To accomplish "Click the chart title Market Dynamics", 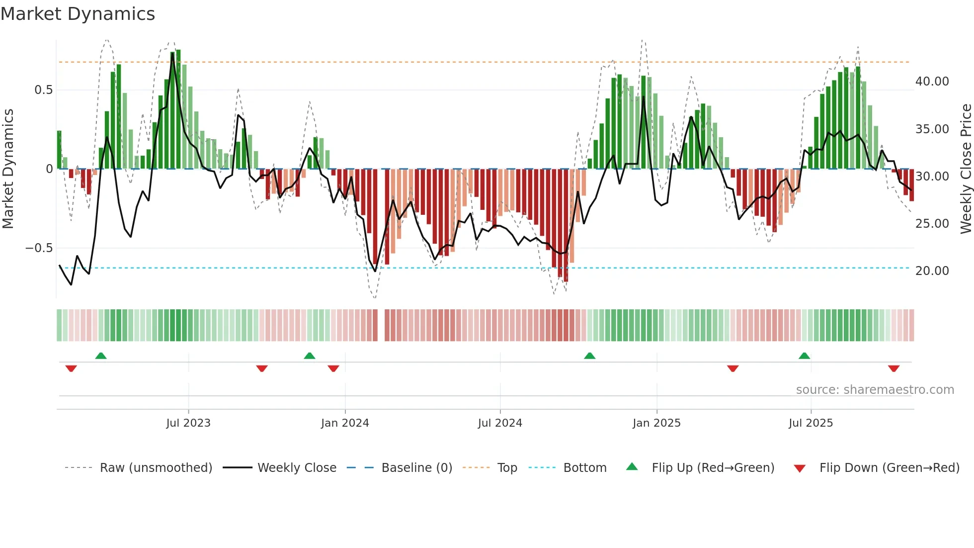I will coord(78,14).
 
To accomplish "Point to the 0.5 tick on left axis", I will coord(43,90).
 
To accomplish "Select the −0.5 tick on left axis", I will coord(39,248).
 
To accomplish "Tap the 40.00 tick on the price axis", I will coord(932,82).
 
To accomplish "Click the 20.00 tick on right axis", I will coord(932,271).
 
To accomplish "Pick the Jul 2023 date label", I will coord(188,423).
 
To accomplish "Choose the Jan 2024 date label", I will coord(345,423).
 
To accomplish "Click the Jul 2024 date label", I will coord(500,423).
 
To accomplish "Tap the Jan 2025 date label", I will coord(656,423).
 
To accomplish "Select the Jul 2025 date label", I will coord(811,423).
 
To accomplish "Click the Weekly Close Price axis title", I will coord(966,169).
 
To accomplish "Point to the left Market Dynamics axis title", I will coord(8,169).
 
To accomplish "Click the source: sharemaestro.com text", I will coord(875,390).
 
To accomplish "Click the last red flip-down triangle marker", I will coord(893,368).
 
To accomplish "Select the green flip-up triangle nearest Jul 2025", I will coord(804,356).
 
